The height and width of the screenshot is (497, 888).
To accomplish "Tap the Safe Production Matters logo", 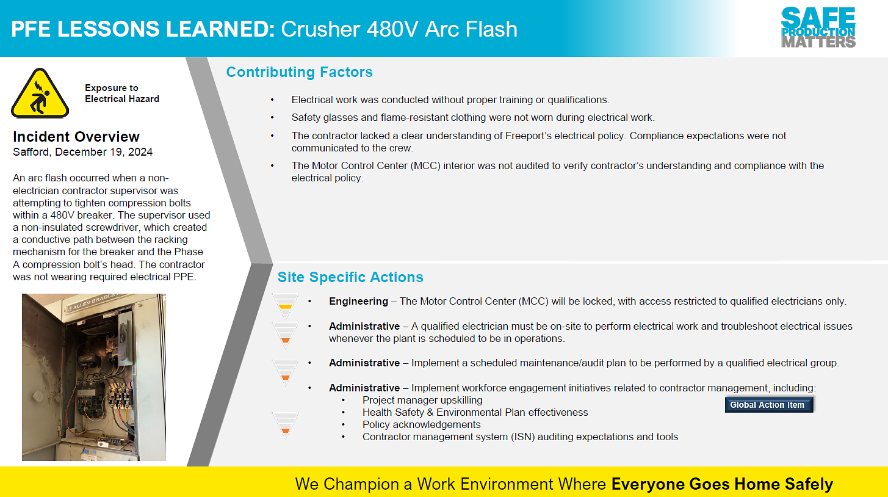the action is click(x=818, y=27).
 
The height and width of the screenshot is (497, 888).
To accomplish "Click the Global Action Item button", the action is click(x=769, y=405).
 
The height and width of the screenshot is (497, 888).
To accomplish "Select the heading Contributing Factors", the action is click(x=299, y=72).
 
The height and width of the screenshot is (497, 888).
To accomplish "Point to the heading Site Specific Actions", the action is click(x=350, y=277).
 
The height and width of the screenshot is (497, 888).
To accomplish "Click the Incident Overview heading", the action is click(x=76, y=136).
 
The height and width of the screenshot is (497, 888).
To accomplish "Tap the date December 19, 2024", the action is click(x=104, y=152).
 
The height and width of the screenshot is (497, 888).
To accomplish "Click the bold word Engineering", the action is click(x=358, y=302).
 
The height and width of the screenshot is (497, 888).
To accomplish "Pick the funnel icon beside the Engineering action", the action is click(x=285, y=306).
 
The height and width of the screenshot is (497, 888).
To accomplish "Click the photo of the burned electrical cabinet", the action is click(x=94, y=377).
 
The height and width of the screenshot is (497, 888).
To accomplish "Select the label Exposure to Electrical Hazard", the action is click(x=122, y=93).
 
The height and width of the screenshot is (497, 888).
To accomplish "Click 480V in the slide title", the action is click(x=392, y=29).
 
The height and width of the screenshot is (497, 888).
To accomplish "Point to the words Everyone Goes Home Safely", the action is click(x=722, y=484).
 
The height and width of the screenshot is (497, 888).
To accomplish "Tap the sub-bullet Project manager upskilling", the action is click(x=422, y=400).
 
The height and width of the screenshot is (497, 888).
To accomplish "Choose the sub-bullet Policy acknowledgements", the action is click(x=421, y=424).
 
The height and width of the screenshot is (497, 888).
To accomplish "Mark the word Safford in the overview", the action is click(x=32, y=152).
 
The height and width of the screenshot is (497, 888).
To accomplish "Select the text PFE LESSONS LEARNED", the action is click(x=143, y=29).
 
